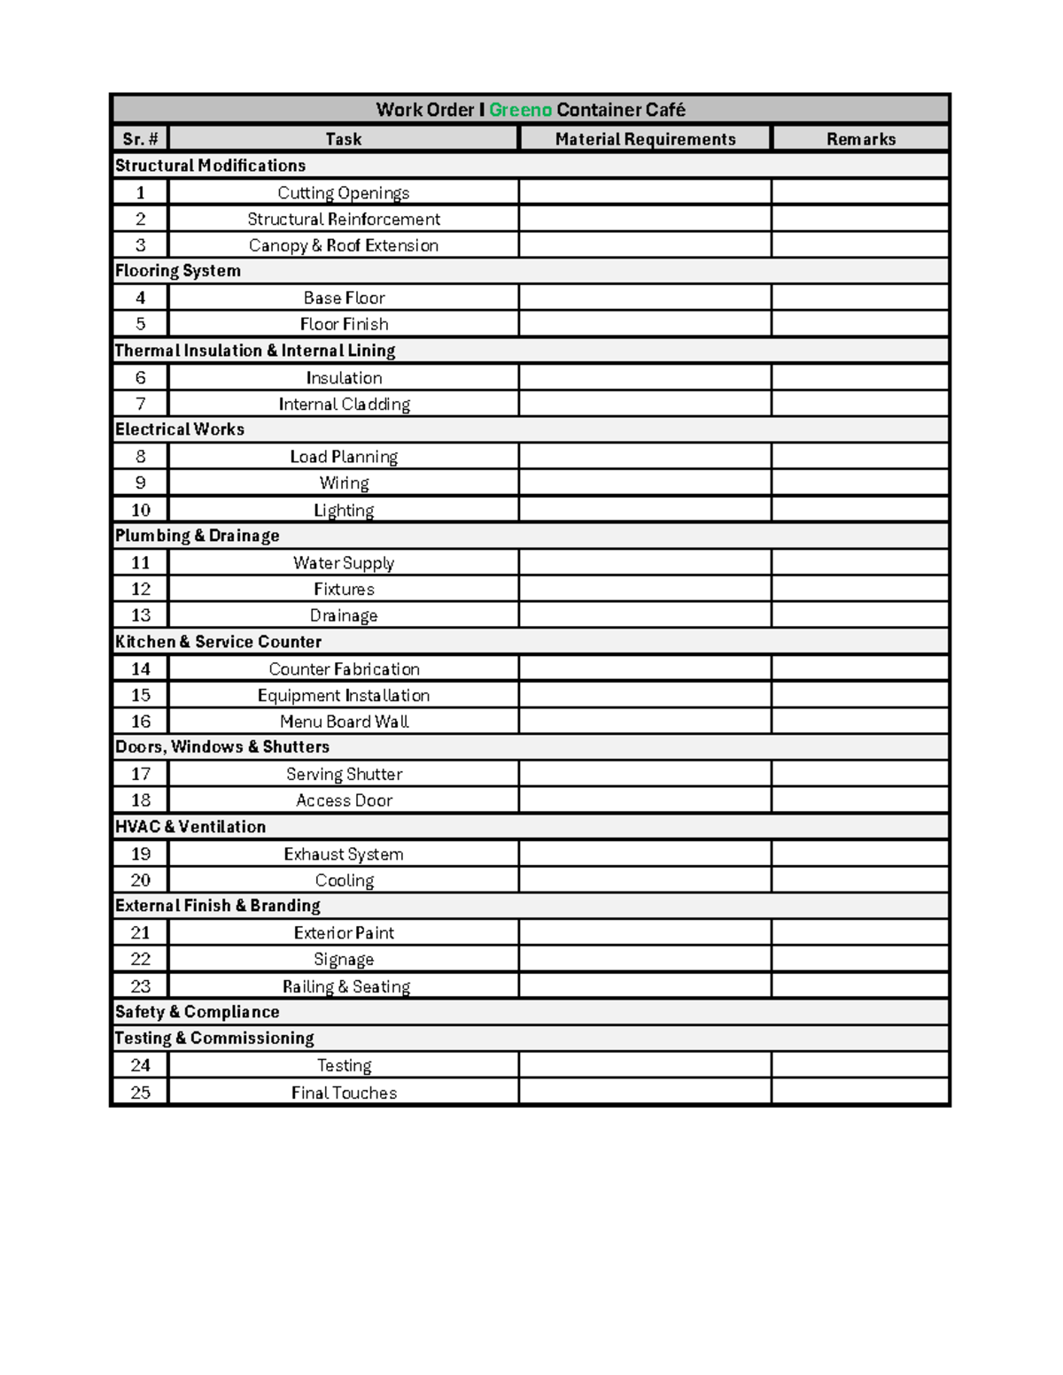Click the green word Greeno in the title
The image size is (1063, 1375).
point(520,110)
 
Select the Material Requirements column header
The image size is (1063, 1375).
point(645,139)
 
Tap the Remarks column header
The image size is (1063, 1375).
point(860,139)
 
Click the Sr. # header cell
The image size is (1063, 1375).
point(140,139)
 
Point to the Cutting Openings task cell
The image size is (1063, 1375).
point(344,193)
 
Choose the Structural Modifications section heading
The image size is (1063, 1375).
point(211,166)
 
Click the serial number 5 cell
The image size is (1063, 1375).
point(140,324)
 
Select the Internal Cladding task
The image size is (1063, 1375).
point(344,405)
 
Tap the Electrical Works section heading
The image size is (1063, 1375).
point(180,429)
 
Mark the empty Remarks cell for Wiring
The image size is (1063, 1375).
point(860,483)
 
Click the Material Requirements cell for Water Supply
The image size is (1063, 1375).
point(645,563)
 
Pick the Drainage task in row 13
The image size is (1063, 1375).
point(344,615)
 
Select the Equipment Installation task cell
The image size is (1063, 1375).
point(344,696)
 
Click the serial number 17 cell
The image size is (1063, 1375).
point(140,775)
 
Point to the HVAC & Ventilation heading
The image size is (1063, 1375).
point(190,827)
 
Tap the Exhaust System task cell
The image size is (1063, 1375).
point(344,854)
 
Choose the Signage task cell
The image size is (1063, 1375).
point(344,960)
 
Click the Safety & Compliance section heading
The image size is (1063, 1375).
point(198,1012)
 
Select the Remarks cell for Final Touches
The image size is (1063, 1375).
point(860,1093)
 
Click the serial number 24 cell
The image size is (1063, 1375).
point(140,1066)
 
